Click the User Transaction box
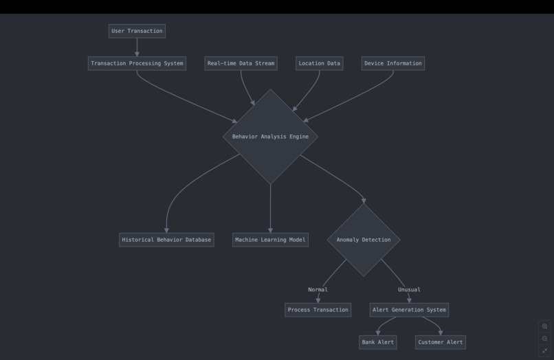tap(137, 31)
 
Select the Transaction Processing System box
tap(137, 63)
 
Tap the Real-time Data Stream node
tap(241, 63)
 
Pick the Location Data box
tap(319, 63)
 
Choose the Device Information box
tap(392, 63)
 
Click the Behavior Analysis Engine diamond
tap(270, 137)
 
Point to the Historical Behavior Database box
tap(166, 240)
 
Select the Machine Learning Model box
tap(270, 240)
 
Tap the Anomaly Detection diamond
tap(364, 240)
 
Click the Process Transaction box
tap(318, 310)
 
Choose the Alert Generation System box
tap(409, 310)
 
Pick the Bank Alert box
tap(377, 342)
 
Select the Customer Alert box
tap(441, 342)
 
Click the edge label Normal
tap(318, 290)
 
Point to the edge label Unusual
tap(409, 290)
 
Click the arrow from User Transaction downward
tap(137, 47)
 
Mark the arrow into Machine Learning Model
tap(270, 210)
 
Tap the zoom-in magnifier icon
tap(544, 326)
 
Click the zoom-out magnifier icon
tap(544, 339)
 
